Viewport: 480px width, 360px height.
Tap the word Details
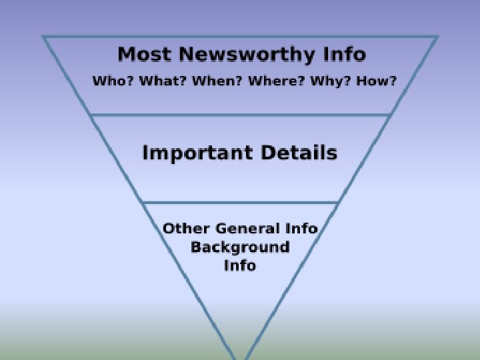[299, 153]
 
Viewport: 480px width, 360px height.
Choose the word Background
[240, 247]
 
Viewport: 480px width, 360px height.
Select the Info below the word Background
[240, 265]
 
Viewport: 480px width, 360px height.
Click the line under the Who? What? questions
[240, 115]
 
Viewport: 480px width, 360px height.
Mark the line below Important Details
[240, 203]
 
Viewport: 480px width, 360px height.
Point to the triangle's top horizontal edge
[240, 37]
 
